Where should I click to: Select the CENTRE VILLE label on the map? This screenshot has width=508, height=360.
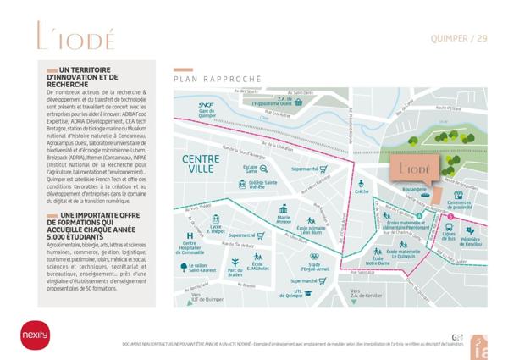click(x=203, y=164)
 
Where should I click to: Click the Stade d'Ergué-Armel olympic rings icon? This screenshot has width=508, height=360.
click(x=313, y=256)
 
